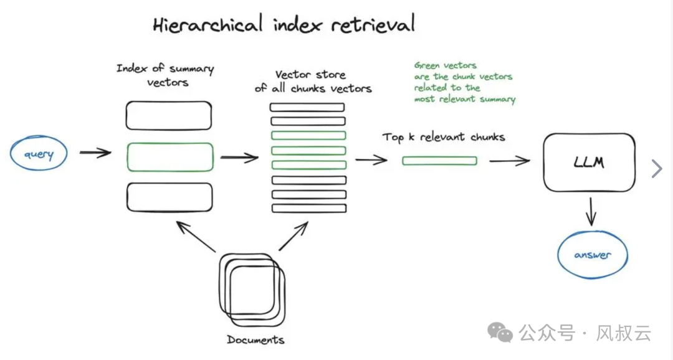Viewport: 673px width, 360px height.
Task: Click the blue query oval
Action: click(x=39, y=154)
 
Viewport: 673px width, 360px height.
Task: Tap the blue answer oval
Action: click(x=592, y=255)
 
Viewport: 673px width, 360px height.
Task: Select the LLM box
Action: click(x=589, y=163)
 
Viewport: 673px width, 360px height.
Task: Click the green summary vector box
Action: click(x=169, y=157)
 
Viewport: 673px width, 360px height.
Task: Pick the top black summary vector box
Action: click(x=168, y=115)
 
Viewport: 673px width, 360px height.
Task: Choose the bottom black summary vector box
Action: click(x=169, y=197)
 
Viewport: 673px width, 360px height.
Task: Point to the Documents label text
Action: click(x=255, y=340)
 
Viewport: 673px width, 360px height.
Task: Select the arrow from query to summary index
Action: click(x=95, y=153)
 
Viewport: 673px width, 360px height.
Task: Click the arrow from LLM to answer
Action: click(x=591, y=212)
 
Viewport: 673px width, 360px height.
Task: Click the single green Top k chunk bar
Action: click(x=439, y=161)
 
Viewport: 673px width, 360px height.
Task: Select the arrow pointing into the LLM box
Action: click(x=509, y=161)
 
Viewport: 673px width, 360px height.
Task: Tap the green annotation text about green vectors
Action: click(x=464, y=82)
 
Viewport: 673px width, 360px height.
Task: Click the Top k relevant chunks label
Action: click(x=444, y=137)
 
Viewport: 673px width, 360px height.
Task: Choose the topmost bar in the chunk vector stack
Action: click(x=307, y=107)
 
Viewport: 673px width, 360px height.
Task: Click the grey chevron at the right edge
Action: click(x=656, y=169)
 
